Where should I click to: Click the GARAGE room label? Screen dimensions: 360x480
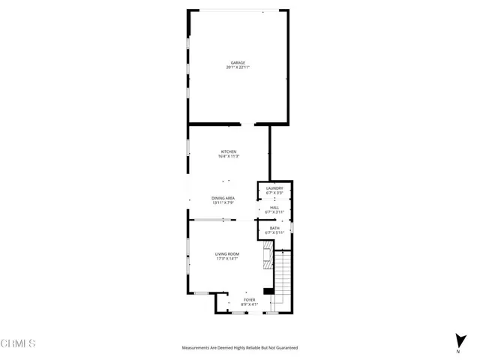coord(237,63)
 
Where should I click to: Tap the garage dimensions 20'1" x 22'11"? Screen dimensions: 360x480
coord(237,68)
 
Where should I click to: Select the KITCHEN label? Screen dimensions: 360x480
coord(228,151)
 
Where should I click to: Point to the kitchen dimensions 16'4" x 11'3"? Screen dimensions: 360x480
coord(228,157)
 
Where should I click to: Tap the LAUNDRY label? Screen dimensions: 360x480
coord(274,188)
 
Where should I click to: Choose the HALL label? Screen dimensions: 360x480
coord(274,208)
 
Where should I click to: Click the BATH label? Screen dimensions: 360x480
coord(274,228)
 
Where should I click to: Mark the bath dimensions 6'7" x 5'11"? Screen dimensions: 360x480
coord(274,233)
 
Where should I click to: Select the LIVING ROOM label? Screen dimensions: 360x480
coord(227,255)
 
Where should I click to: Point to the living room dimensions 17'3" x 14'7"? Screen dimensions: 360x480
coord(227,260)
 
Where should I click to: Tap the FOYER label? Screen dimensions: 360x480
coord(250,299)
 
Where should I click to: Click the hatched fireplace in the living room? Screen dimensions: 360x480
coord(266,259)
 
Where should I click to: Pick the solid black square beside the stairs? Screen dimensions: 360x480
coord(268,290)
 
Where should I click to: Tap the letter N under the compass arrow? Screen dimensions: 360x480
coord(458,351)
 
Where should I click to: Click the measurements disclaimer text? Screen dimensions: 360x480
coord(240,348)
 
